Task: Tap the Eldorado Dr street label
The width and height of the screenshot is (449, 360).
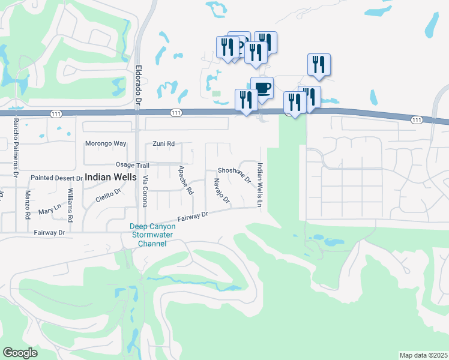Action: click(x=137, y=85)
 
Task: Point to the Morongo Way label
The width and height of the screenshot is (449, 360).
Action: click(x=106, y=144)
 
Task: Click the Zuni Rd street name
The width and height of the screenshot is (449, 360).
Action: click(x=163, y=144)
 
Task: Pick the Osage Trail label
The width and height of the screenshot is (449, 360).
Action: click(x=131, y=165)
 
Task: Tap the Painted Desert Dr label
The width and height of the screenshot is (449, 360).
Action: click(x=56, y=178)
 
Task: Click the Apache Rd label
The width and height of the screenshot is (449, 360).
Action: click(x=186, y=180)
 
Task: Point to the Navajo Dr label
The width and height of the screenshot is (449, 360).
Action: click(x=221, y=191)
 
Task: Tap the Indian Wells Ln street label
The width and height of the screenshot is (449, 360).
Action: click(x=260, y=186)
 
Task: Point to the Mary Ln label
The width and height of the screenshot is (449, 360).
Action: click(x=50, y=211)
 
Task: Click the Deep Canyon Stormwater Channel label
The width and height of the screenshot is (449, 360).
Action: click(x=152, y=235)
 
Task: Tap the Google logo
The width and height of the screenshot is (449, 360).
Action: click(x=20, y=353)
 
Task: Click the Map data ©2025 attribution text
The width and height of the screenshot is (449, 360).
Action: click(x=423, y=355)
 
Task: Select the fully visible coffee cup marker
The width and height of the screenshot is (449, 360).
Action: click(x=262, y=88)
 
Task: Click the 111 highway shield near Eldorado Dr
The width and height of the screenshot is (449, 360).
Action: click(x=175, y=112)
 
